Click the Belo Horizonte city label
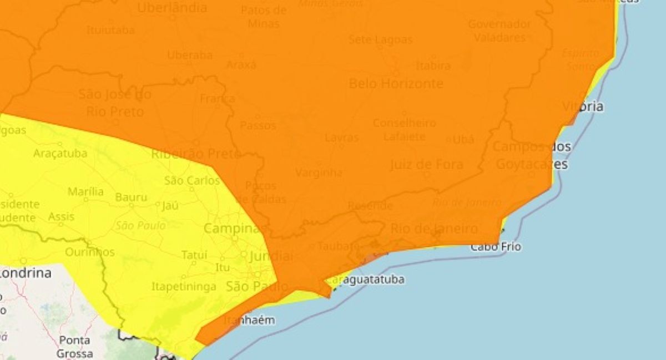tap(396, 84)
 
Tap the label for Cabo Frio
tap(496, 247)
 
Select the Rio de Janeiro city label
tap(434, 229)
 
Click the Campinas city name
tap(232, 229)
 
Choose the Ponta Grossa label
tap(74, 347)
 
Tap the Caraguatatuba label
tap(367, 280)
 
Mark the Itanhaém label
tap(249, 321)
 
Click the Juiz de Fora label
tap(426, 165)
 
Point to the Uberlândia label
tap(172, 8)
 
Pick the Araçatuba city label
tap(60, 153)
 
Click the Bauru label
tap(132, 197)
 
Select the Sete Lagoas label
tap(380, 40)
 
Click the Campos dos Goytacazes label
tap(531, 156)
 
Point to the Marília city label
tap(85, 192)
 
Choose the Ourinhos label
tap(90, 252)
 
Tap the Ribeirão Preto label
tap(195, 154)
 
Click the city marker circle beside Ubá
tap(449, 139)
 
